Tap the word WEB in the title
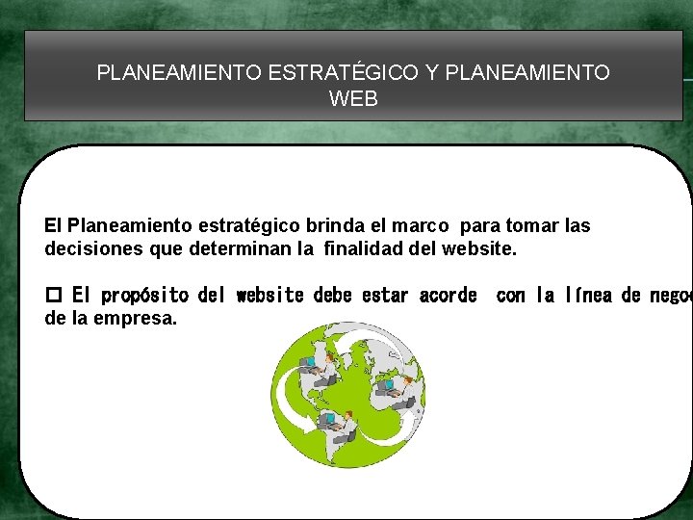click(353, 98)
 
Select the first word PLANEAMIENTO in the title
click(178, 72)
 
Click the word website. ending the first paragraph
click(479, 249)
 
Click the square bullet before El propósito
click(53, 296)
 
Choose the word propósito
click(145, 295)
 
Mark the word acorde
click(448, 295)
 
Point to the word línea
click(587, 295)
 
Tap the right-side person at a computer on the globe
click(398, 388)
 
